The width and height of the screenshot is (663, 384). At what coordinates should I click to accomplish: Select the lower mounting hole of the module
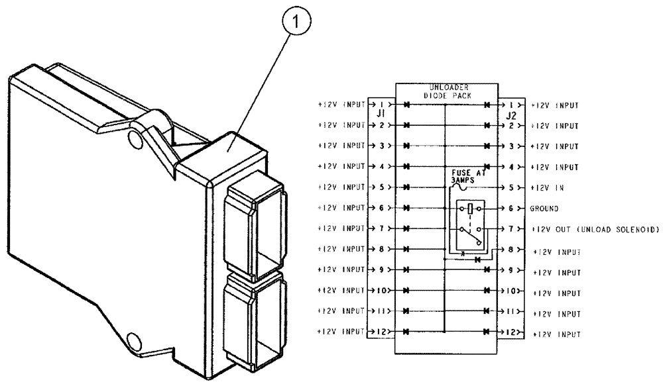click(x=135, y=342)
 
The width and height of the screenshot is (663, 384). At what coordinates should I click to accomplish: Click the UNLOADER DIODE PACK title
click(x=446, y=90)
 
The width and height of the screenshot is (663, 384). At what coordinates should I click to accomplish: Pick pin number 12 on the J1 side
click(x=381, y=332)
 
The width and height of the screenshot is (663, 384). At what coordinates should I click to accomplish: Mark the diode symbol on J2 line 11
click(x=487, y=311)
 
